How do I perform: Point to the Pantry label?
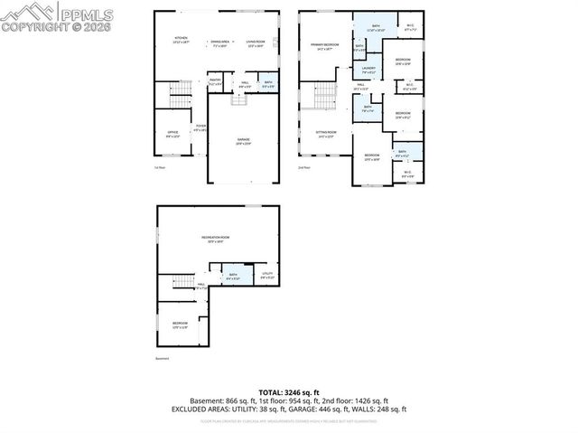click(x=216, y=81)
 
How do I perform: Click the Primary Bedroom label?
click(x=325, y=47)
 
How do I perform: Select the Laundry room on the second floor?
click(x=368, y=70)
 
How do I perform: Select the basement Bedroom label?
click(x=180, y=325)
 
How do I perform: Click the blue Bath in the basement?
click(x=233, y=277)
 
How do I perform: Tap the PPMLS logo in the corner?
click(x=42, y=16)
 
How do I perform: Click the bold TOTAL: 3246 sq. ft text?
click(x=288, y=392)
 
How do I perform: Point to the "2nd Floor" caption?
click(x=303, y=167)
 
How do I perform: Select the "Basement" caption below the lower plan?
click(x=163, y=359)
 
